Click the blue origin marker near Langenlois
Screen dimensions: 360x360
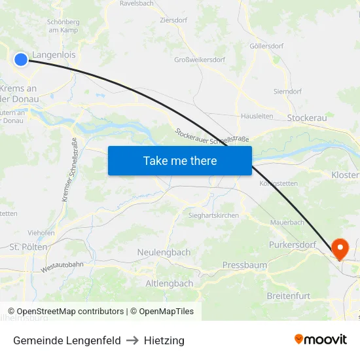21,60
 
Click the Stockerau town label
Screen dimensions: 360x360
307,118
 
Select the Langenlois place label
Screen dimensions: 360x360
54,56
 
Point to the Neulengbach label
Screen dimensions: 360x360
164,252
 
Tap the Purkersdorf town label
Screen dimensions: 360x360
293,245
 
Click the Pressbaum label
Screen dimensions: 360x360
245,265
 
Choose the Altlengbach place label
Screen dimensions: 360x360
169,283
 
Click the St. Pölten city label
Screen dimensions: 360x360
28,247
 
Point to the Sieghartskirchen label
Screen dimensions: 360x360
213,215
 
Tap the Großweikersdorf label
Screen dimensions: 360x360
200,60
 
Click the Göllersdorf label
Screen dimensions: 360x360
266,46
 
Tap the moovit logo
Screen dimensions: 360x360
321,339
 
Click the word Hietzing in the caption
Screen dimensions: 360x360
164,340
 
